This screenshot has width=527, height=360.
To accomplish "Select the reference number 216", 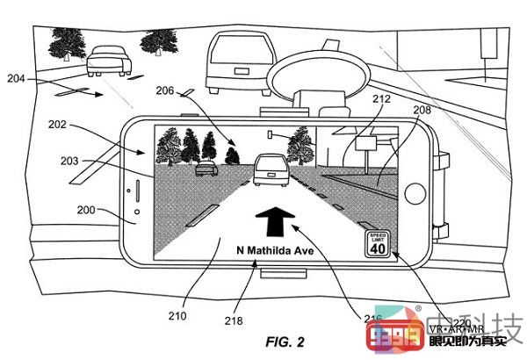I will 372,318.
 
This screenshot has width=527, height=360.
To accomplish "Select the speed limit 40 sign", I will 377,243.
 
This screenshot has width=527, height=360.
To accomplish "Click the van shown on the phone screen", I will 267,169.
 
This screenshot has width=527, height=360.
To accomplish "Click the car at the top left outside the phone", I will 112,59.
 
